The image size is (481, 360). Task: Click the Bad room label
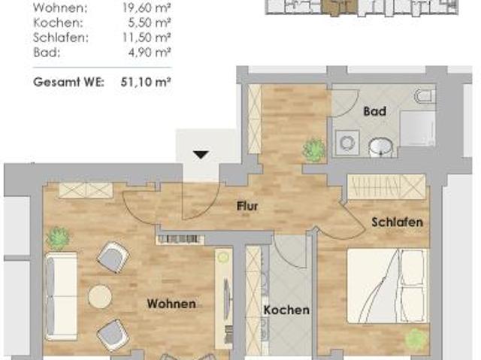[x=374, y=112]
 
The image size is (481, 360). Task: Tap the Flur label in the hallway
[x=247, y=205]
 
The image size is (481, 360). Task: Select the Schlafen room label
[x=396, y=222]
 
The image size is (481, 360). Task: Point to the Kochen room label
[x=286, y=310]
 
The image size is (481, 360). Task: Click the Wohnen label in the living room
[x=171, y=304]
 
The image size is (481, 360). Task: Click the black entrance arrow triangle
[x=200, y=155]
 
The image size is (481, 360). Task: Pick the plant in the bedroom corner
[x=415, y=339]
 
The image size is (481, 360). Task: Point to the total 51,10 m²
[x=147, y=83]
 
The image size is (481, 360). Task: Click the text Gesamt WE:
[x=68, y=83]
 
